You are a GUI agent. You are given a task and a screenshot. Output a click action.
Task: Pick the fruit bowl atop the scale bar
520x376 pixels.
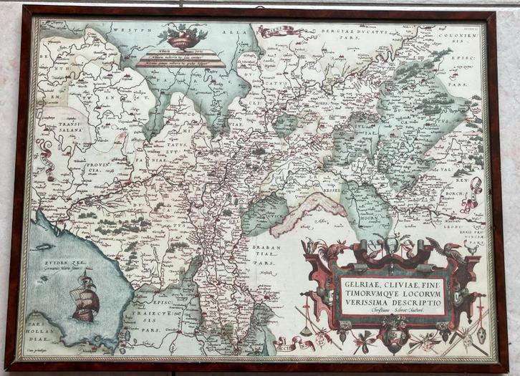click(182, 37)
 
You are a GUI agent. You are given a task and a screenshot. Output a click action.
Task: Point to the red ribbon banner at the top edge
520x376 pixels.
click(276, 30)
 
